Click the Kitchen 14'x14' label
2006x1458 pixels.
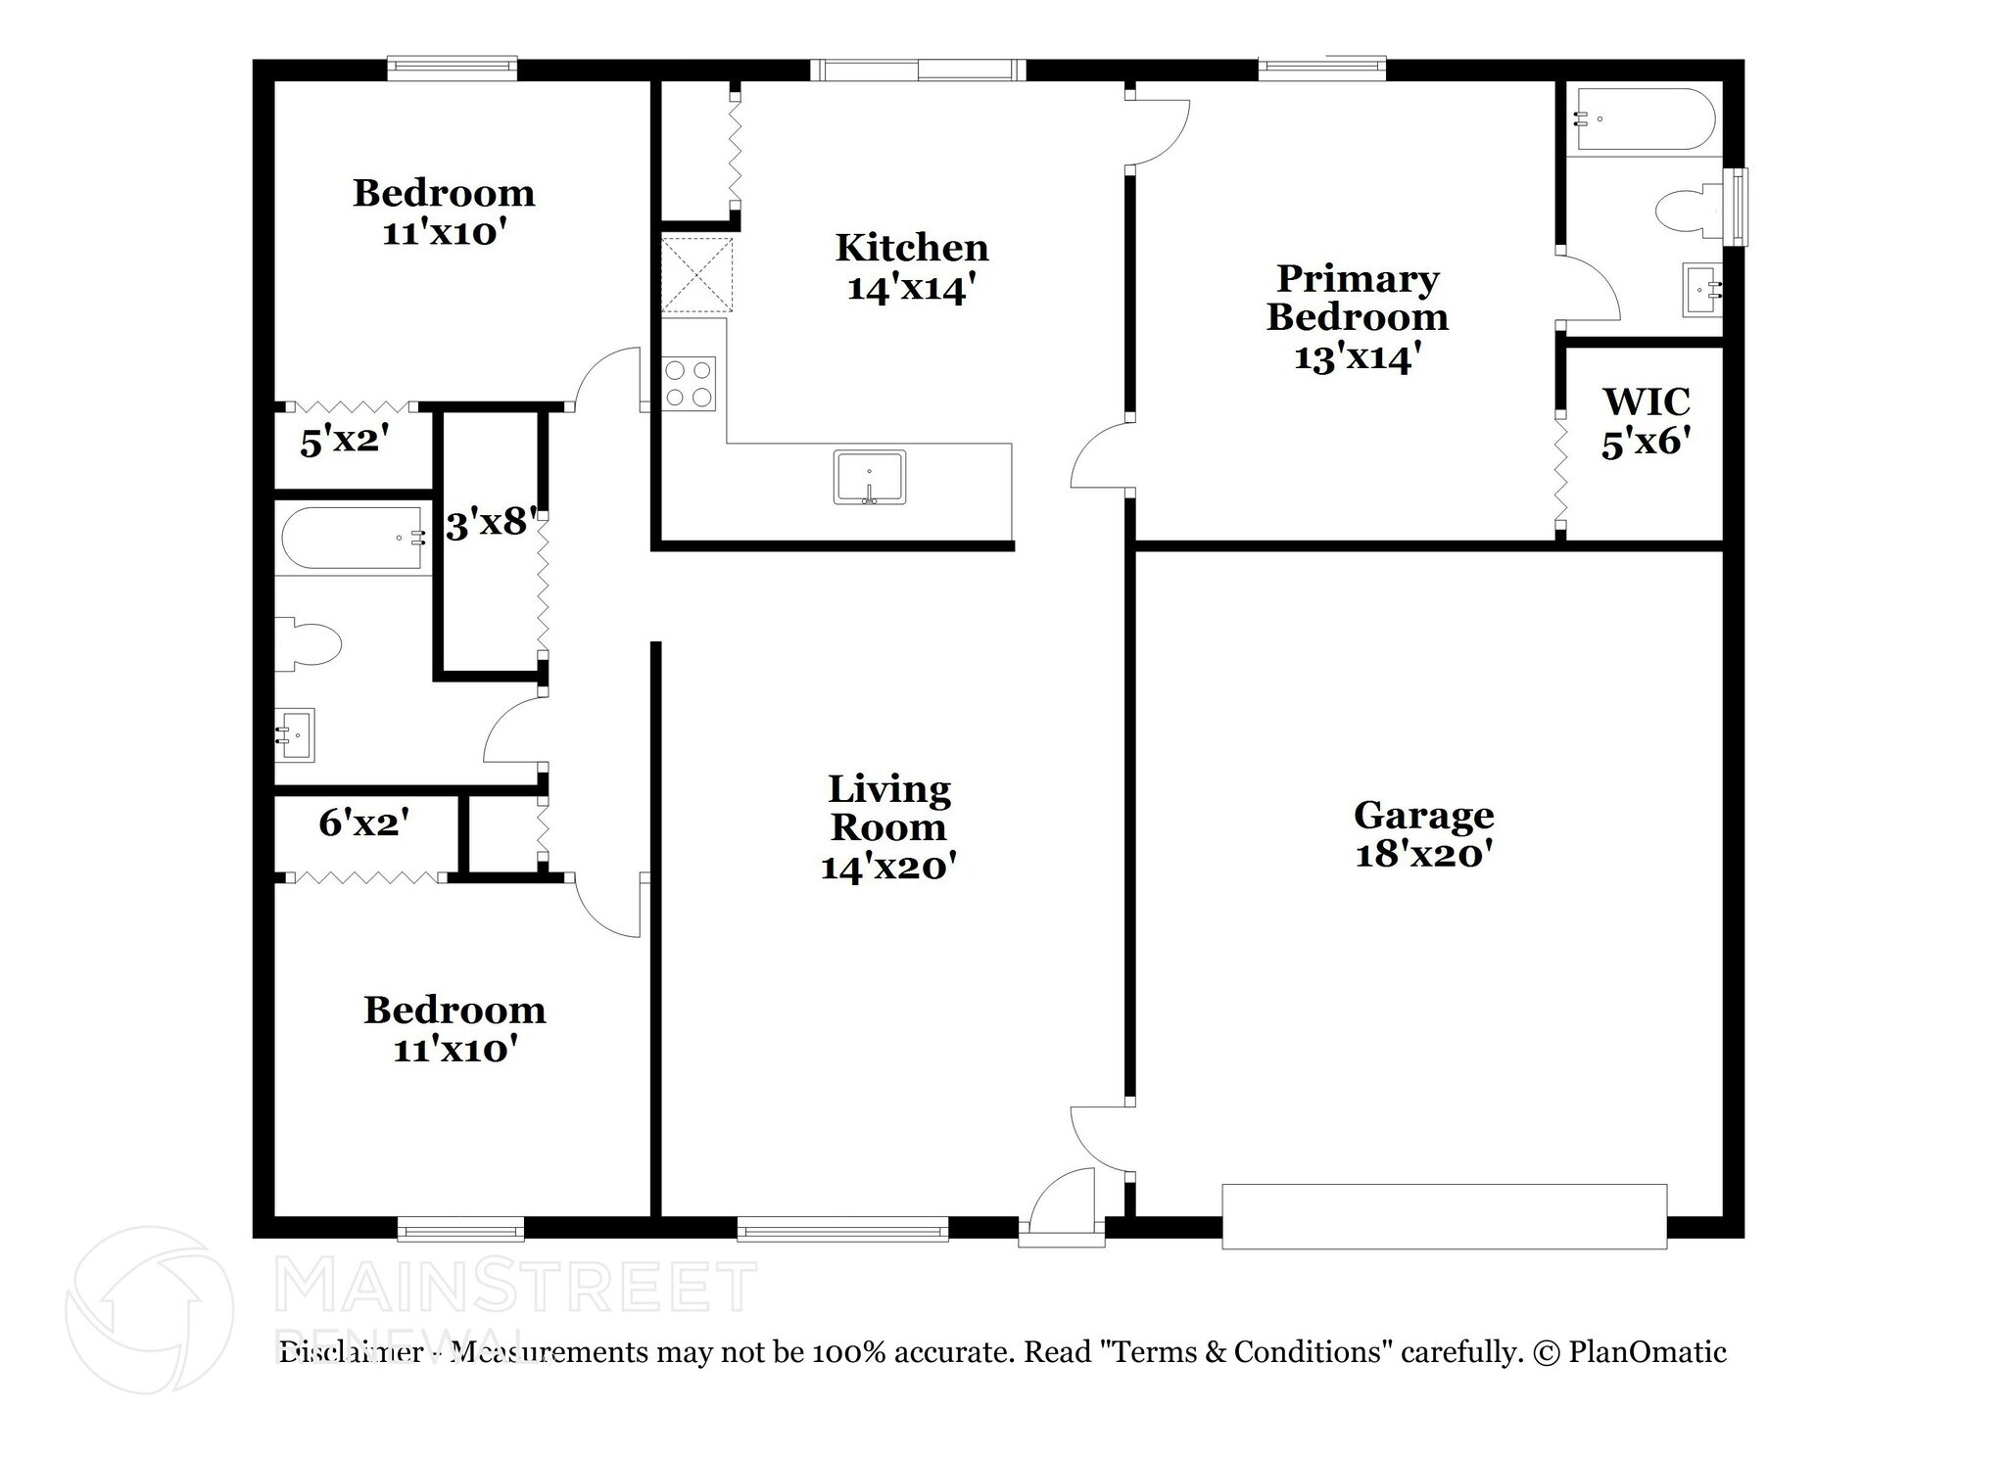point(911,267)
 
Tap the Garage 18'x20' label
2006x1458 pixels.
point(1423,834)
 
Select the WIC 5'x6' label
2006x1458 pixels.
point(1646,422)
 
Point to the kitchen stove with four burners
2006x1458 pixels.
point(689,384)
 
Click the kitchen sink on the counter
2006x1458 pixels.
point(869,478)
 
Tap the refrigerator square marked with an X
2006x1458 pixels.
point(696,275)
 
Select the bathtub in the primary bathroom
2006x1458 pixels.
point(1641,119)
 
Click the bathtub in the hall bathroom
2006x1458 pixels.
point(353,538)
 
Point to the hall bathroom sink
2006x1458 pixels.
point(294,734)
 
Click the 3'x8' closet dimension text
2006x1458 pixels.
point(491,524)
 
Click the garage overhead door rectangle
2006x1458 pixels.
point(1444,1216)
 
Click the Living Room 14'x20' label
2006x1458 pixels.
point(887,827)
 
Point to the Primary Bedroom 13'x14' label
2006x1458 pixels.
point(1357,318)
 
